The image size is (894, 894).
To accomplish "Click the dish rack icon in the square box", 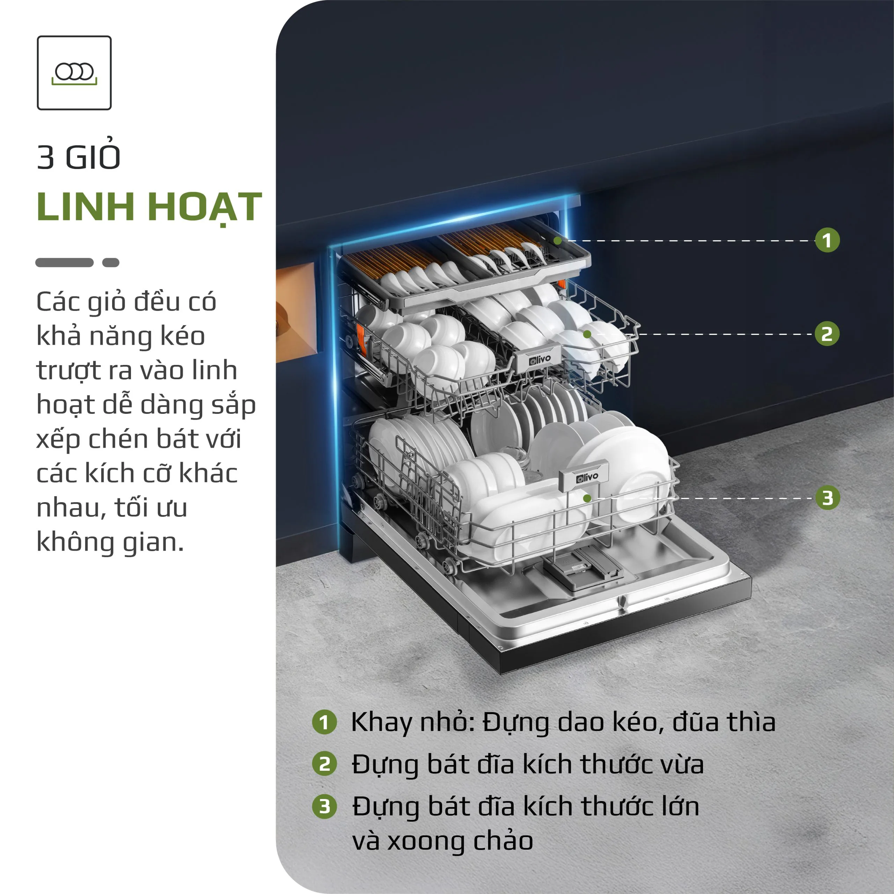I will tap(74, 73).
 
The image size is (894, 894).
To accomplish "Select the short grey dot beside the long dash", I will tap(111, 262).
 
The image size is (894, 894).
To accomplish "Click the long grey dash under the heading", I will tap(64, 262).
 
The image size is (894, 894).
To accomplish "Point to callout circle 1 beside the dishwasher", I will tap(827, 240).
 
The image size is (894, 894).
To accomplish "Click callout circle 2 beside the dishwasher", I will tap(827, 334).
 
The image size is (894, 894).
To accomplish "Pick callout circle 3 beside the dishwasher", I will tap(827, 498).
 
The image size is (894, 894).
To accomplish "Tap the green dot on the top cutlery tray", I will tap(558, 241).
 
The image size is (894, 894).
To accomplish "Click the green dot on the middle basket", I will tap(587, 334).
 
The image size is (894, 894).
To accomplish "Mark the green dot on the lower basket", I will tap(587, 498).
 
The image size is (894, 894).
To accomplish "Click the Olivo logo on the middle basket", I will tap(540, 359).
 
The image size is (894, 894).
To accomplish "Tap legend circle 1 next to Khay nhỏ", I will tap(324, 722).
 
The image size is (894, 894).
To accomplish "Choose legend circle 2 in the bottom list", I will tap(324, 764).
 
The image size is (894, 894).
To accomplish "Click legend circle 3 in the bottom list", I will tap(324, 807).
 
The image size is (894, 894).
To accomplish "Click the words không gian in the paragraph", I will tap(110, 542).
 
